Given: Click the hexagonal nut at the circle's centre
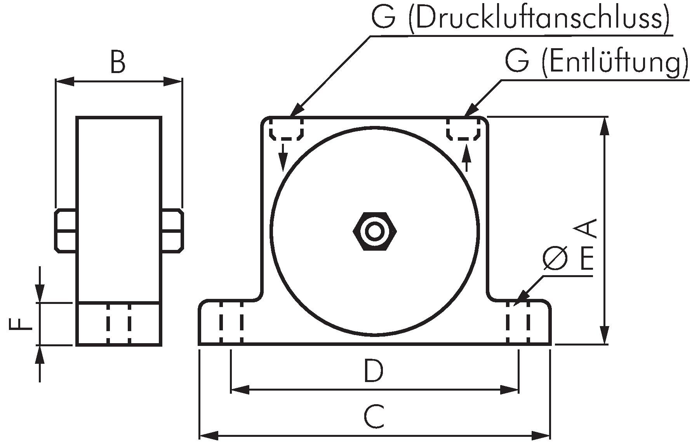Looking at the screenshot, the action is point(375,231).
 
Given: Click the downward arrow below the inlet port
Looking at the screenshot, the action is point(283,158).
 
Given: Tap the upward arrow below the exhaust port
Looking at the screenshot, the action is point(467,158).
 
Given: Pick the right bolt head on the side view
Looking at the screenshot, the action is point(172,231).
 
